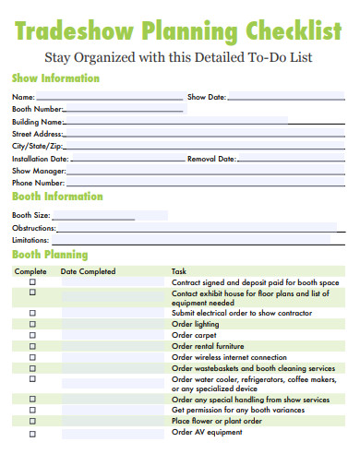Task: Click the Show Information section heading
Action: (x=55, y=78)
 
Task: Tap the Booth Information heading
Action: (x=57, y=197)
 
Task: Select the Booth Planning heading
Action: (x=50, y=254)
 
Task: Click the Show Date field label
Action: (x=207, y=97)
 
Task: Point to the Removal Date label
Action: (x=212, y=159)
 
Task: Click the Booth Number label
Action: (x=38, y=109)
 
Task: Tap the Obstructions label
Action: (x=34, y=227)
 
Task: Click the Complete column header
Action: (x=30, y=271)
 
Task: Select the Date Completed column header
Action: (x=88, y=271)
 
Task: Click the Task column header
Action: (x=179, y=271)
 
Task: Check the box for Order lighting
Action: (x=32, y=325)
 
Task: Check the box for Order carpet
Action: (x=32, y=336)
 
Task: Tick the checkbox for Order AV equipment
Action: (x=32, y=433)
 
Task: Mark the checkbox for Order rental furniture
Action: (x=32, y=347)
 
